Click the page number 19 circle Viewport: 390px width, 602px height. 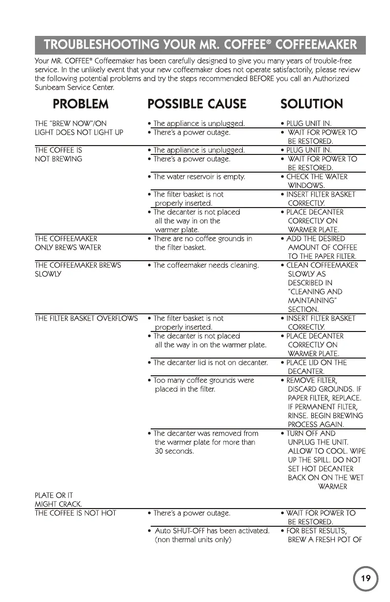[365, 578]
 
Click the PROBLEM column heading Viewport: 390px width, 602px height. [88, 104]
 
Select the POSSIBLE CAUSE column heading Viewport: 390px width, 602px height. [197, 104]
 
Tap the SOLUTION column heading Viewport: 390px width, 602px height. [311, 104]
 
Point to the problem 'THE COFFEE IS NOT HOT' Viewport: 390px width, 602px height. [75, 513]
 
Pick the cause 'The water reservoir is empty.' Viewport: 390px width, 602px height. [199, 177]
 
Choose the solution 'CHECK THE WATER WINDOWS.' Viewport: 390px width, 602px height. [317, 181]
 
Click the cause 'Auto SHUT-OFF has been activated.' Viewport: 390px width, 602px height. [211, 531]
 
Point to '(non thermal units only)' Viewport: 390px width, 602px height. [193, 540]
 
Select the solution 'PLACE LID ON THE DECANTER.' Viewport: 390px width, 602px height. [317, 367]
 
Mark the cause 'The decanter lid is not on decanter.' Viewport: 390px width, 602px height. [210, 362]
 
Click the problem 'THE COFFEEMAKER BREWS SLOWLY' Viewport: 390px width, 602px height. [78, 270]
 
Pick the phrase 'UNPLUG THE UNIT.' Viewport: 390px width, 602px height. [319, 442]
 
